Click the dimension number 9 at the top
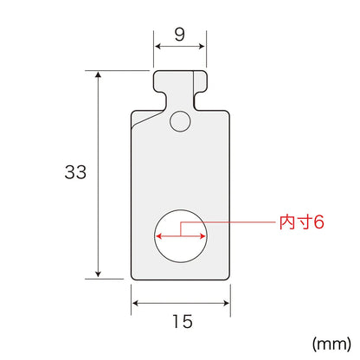(x=179, y=35)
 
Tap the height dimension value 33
(x=75, y=172)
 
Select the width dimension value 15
(x=183, y=321)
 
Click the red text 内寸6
(x=302, y=222)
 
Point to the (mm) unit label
(x=331, y=344)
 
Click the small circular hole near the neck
(x=181, y=122)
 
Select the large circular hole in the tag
(x=181, y=236)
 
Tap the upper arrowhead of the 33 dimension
(x=99, y=74)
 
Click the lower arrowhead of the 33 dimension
(x=99, y=274)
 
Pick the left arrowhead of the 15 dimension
(x=135, y=303)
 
